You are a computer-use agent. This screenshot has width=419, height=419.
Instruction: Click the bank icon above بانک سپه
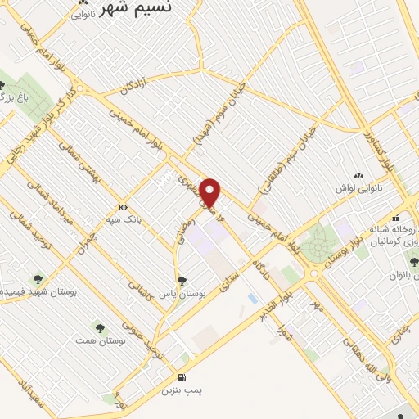click(x=124, y=207)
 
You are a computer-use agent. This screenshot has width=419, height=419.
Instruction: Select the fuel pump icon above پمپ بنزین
click(x=182, y=377)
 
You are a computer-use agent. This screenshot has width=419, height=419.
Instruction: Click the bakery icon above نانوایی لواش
click(x=358, y=175)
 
